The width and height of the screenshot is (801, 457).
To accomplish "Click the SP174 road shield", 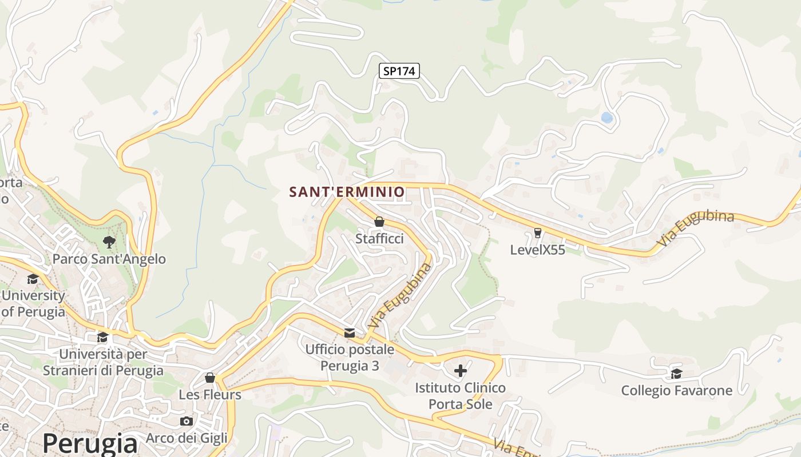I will (399, 71).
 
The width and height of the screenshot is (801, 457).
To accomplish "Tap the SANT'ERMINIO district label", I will (347, 192).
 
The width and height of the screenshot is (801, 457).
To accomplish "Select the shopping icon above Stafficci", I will (379, 222).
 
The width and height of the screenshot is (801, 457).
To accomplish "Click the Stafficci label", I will (379, 239).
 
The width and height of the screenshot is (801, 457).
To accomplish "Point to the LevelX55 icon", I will (537, 232).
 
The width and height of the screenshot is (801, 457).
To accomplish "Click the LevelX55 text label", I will (537, 250).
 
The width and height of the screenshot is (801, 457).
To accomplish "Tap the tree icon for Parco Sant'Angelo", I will (109, 242).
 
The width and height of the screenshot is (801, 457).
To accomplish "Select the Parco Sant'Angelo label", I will (109, 259).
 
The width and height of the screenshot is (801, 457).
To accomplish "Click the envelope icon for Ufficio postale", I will (349, 332).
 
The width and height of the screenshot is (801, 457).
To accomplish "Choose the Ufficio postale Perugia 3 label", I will (350, 357).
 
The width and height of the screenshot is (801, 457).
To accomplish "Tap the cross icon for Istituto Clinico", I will (460, 371).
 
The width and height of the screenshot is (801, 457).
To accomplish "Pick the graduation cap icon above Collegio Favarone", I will (676, 374).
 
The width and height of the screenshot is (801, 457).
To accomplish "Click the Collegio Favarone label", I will (676, 391).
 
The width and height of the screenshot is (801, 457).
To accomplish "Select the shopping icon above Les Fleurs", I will (209, 378).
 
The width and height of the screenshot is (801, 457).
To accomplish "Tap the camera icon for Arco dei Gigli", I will (186, 421).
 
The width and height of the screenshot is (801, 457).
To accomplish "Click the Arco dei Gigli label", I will (187, 438).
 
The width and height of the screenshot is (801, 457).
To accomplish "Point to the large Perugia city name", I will (90, 443).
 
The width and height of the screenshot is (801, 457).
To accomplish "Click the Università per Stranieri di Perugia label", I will (103, 362).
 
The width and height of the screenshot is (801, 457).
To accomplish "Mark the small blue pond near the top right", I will (606, 118).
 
